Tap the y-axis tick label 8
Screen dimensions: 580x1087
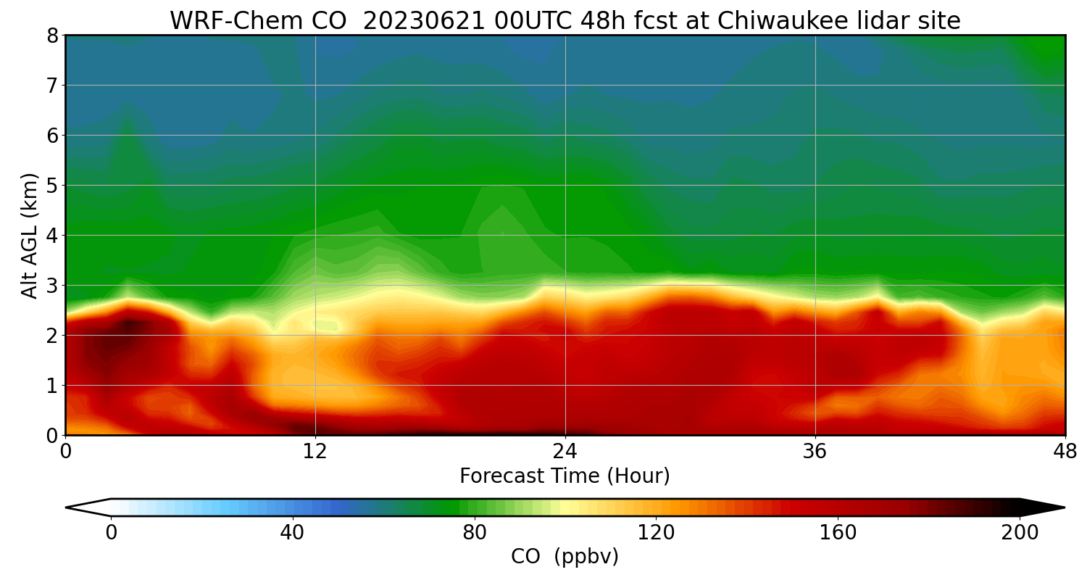52,36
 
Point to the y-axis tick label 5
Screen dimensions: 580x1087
52,186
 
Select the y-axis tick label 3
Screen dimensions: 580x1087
52,286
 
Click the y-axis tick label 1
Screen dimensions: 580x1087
52,386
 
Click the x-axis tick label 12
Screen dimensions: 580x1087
315,450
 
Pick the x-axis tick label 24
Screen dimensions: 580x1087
565,450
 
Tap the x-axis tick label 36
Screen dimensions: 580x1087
815,450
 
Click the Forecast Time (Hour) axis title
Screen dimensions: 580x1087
565,476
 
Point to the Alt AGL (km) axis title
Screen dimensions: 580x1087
30,236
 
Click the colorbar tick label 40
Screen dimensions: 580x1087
293,533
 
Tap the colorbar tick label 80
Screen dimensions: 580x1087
475,533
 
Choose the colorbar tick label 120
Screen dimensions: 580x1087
657,533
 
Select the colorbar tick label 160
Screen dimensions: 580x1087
838,533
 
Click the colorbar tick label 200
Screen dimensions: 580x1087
1020,533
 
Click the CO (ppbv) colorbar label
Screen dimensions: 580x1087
565,557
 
